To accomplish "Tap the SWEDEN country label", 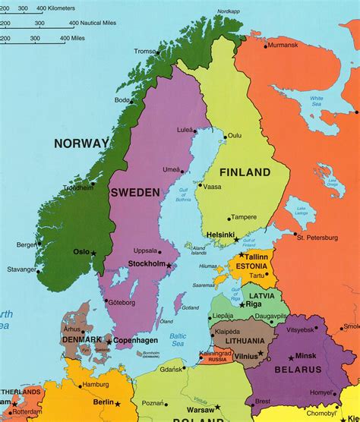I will (x=135, y=193).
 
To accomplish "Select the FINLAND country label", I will (x=245, y=172).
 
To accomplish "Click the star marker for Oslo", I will (x=94, y=252).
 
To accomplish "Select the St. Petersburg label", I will (x=317, y=238).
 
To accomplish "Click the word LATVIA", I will (x=262, y=294).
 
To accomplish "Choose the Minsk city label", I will (x=307, y=356).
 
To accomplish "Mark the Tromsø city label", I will (x=144, y=51).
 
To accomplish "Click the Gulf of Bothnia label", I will (x=183, y=197).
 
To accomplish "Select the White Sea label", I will (x=317, y=100).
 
